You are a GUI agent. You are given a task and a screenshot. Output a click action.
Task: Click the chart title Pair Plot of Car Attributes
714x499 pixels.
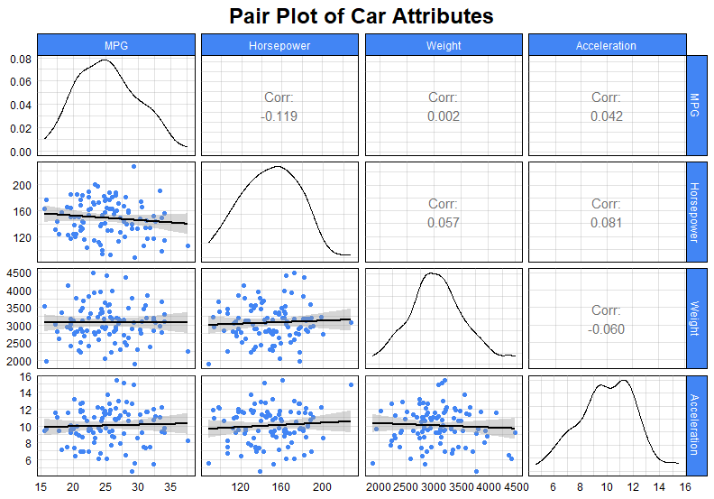click(x=361, y=16)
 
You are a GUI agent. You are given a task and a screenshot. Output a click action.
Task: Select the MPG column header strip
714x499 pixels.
click(x=116, y=45)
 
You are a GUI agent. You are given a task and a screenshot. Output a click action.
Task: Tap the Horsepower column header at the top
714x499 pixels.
click(x=280, y=45)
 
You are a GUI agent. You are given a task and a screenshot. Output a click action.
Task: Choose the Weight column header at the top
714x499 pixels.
click(x=444, y=45)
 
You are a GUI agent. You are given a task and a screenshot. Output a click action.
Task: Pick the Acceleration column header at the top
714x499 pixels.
click(x=607, y=45)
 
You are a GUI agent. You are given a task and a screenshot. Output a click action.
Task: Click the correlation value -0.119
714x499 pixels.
click(x=280, y=116)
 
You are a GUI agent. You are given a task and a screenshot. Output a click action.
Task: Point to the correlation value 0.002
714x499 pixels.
click(x=444, y=116)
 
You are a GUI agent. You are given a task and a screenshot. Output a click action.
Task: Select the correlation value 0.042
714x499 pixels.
click(x=607, y=116)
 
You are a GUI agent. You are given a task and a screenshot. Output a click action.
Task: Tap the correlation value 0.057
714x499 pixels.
click(x=444, y=223)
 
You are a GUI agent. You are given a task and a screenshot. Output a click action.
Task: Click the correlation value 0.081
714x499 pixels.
click(x=607, y=223)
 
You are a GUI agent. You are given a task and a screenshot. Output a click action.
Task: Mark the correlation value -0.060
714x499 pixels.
click(x=607, y=329)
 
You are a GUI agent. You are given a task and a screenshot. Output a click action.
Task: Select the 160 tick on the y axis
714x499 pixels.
click(x=23, y=211)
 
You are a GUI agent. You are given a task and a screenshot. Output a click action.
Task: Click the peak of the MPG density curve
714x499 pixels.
click(x=105, y=60)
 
